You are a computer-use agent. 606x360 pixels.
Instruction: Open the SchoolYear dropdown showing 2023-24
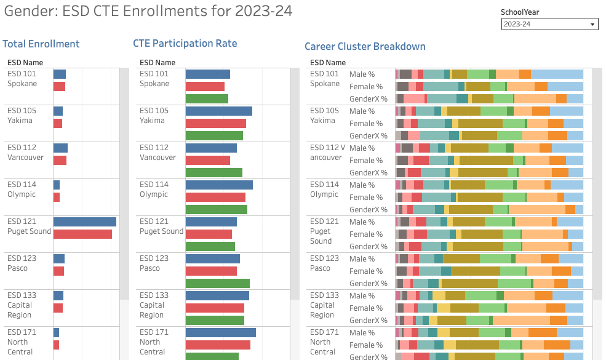click(x=549, y=24)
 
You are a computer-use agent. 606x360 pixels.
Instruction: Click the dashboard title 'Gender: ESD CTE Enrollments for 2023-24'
click(x=148, y=11)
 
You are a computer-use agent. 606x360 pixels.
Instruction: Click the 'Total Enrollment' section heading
click(x=41, y=44)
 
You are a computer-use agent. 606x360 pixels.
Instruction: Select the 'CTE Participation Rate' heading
click(x=185, y=43)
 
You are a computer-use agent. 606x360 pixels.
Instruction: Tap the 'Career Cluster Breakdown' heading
click(x=365, y=46)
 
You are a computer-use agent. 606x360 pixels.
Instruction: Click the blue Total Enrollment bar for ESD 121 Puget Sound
click(x=84, y=222)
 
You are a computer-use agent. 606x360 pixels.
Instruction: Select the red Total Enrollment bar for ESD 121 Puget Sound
click(x=82, y=234)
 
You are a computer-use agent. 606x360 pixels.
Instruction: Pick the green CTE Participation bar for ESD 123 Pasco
click(x=217, y=283)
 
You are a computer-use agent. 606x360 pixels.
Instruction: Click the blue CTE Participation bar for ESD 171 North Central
click(x=220, y=332)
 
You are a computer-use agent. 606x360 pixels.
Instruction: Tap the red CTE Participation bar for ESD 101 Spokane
click(x=205, y=86)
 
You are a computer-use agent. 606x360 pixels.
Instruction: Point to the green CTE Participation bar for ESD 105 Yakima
click(x=214, y=135)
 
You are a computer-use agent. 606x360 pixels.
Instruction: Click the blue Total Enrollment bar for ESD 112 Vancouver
click(x=60, y=148)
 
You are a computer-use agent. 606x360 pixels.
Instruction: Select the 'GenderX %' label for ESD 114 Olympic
click(x=368, y=210)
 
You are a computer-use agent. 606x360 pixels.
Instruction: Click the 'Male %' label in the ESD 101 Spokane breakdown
click(x=362, y=74)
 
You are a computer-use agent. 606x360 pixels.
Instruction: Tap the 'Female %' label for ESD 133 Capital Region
click(x=365, y=308)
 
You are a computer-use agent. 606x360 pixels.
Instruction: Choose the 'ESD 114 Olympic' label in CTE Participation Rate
click(x=154, y=190)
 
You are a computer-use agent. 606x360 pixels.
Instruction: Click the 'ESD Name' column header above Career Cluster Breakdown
click(x=327, y=62)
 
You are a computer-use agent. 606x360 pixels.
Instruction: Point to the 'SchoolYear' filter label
click(x=520, y=12)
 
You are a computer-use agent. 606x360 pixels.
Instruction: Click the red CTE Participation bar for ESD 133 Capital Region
click(x=215, y=308)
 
